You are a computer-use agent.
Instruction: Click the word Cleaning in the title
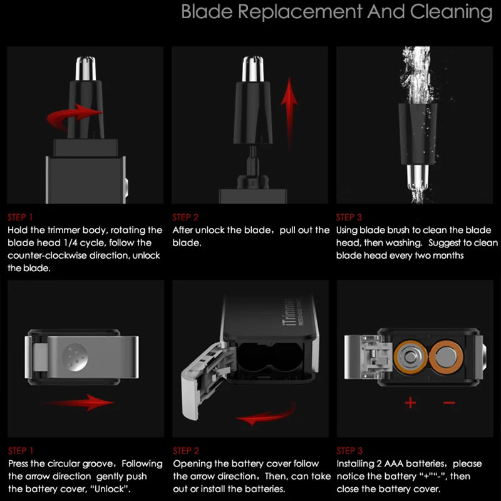point(451,13)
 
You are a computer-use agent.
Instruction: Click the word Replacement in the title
point(300,13)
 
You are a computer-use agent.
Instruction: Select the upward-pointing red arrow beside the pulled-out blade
point(289,112)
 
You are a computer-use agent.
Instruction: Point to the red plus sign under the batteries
point(410,403)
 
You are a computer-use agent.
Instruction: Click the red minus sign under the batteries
point(449,403)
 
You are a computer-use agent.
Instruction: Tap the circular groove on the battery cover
point(75,357)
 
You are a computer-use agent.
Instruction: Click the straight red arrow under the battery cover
point(79,402)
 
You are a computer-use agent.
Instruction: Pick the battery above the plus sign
point(410,357)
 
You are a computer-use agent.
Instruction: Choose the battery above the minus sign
point(446,357)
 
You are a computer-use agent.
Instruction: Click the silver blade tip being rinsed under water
point(417,177)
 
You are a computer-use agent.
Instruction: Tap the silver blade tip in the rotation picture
point(86,68)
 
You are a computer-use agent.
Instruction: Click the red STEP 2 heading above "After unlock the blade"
point(185,217)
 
